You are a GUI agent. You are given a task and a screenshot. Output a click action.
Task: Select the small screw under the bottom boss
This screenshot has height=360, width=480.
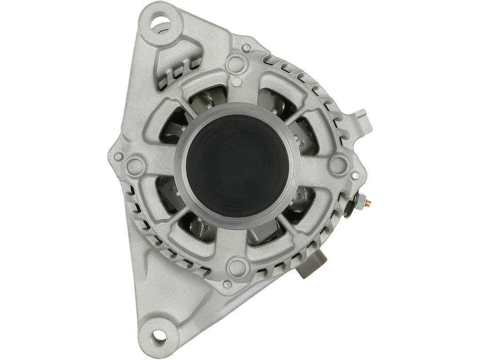228,283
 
